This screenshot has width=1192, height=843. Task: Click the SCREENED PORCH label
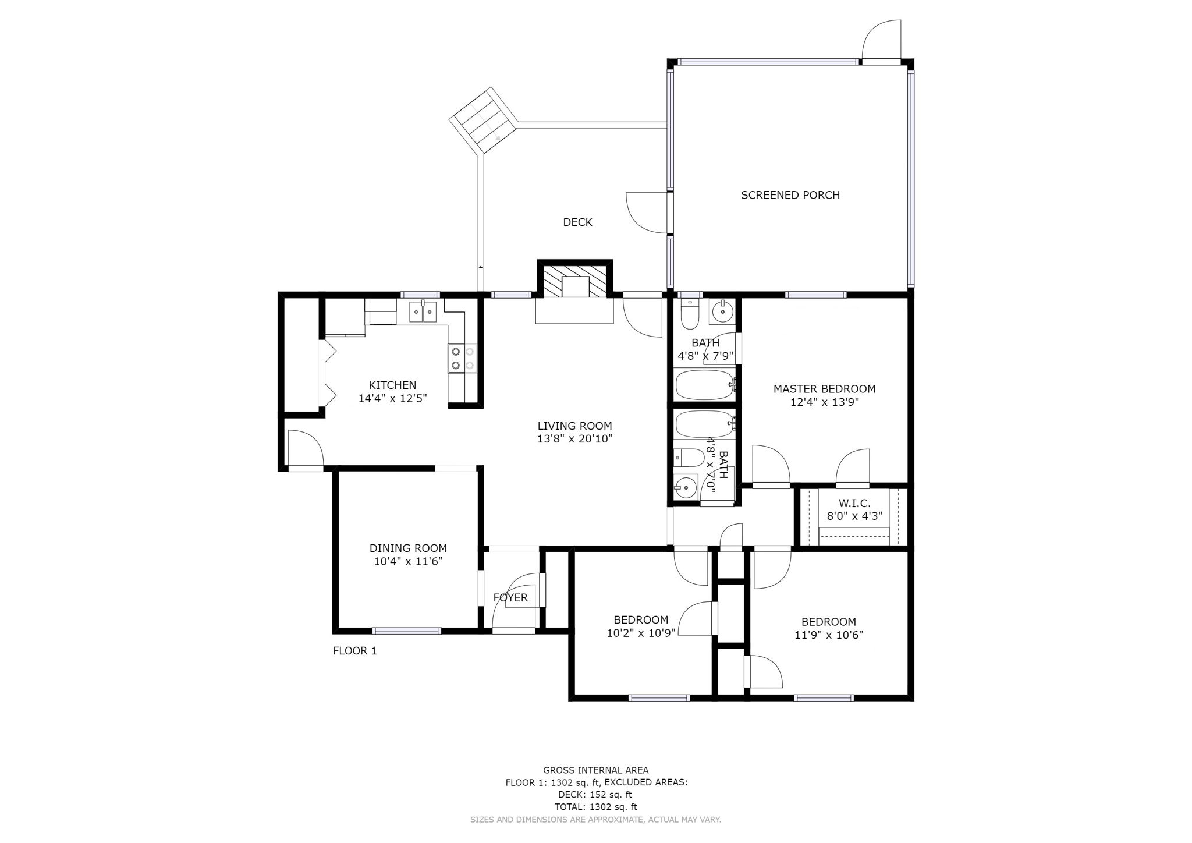790,195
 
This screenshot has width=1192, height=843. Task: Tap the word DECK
577,222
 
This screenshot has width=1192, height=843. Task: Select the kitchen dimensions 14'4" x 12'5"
392,399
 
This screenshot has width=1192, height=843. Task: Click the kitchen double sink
423,313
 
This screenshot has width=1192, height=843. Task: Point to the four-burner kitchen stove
462,359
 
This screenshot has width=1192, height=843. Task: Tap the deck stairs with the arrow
483,122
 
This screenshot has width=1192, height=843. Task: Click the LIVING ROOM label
574,426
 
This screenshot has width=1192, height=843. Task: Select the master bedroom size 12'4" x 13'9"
824,402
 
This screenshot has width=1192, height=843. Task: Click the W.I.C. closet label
854,503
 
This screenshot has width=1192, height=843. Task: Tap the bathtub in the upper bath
705,385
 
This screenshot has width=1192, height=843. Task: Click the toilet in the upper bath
690,315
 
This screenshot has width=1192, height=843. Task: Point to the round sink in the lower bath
686,487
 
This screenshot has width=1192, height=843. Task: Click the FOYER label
510,597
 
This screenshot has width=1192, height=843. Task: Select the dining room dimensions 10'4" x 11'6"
408,562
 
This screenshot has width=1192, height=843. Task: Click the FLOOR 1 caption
354,651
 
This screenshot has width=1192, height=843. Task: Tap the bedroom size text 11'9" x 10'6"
828,635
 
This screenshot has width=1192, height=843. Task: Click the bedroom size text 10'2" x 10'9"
640,633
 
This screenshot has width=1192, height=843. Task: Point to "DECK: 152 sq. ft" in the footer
595,794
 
